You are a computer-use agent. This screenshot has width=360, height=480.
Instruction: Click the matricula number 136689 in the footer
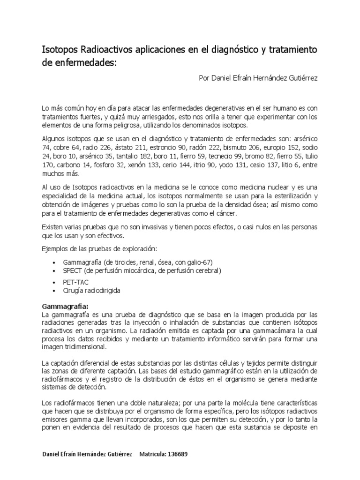(179, 454)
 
